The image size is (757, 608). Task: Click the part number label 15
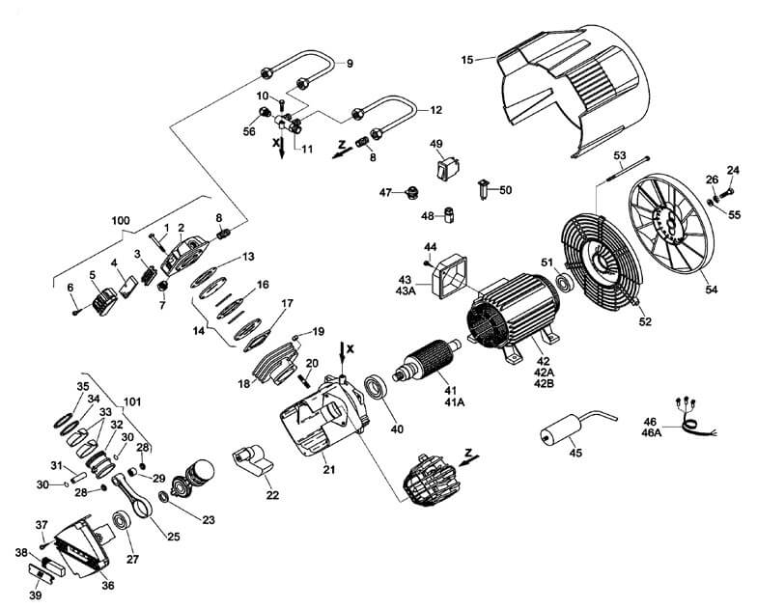[467, 60]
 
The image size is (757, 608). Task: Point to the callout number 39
[35, 595]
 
